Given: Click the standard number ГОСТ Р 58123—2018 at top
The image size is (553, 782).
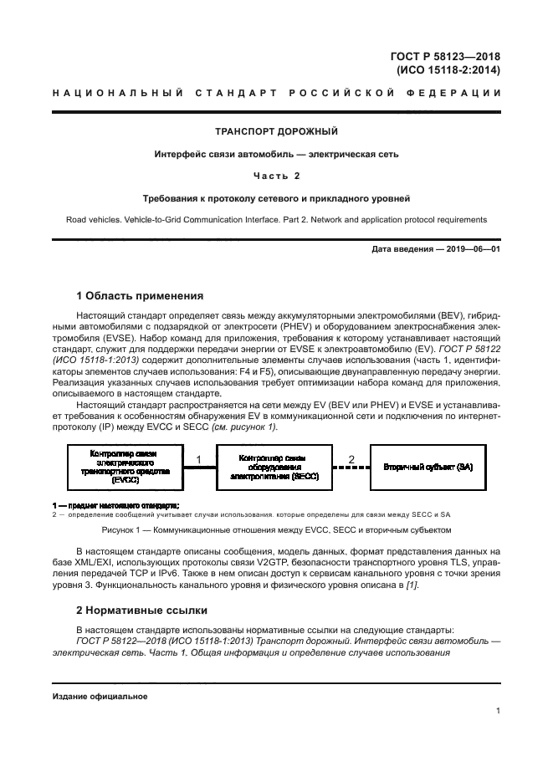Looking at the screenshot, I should [445, 56].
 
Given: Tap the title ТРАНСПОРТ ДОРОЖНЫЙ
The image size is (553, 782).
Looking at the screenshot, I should [277, 131].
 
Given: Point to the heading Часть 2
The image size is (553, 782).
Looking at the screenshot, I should [277, 176].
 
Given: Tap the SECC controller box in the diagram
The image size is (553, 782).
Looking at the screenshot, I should [271, 466].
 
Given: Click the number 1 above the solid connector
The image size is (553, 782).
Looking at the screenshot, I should [199, 459].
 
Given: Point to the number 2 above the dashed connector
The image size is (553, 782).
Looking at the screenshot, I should [351, 459].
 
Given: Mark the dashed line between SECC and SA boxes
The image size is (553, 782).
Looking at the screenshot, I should [351, 468].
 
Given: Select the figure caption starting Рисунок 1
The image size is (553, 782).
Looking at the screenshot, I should [277, 530].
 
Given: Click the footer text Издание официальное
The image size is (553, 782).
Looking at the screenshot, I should [100, 696].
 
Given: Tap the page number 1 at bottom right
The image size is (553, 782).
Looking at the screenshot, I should [498, 712].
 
